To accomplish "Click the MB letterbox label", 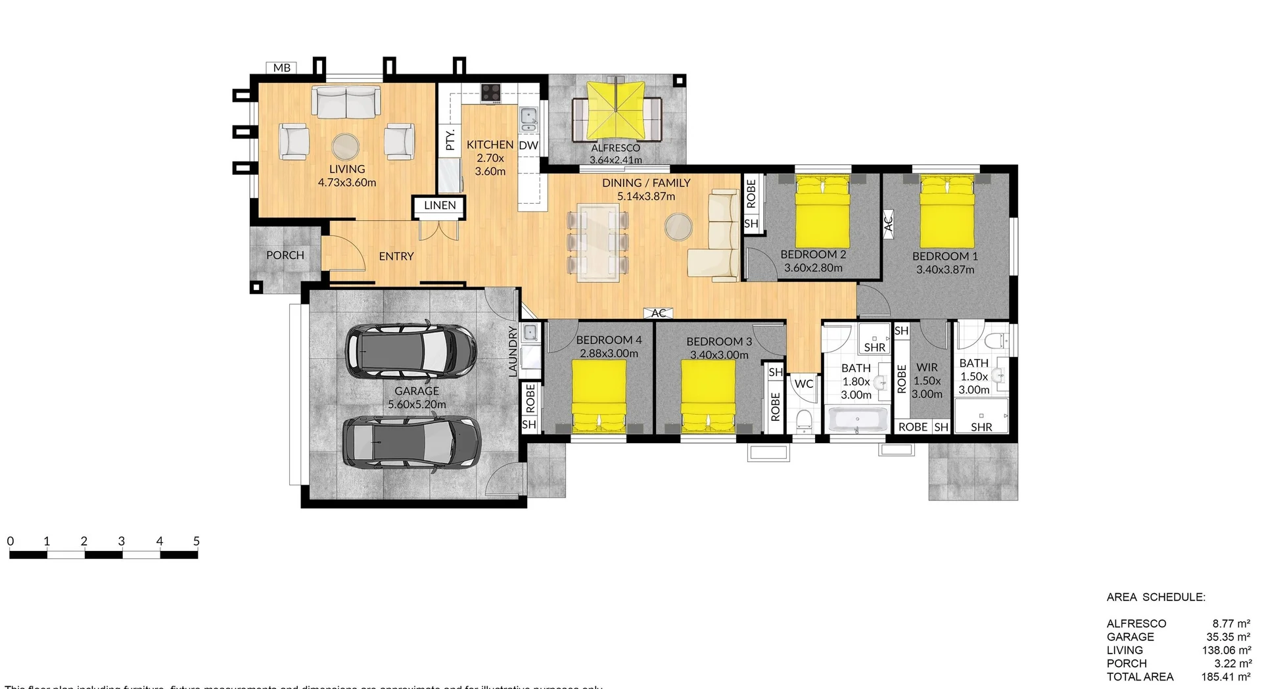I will (x=282, y=68).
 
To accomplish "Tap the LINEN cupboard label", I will (x=440, y=206).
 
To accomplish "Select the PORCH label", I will (x=285, y=255).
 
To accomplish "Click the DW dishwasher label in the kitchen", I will (x=528, y=145).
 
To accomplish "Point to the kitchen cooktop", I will (x=491, y=93).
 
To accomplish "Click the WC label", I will (x=804, y=384).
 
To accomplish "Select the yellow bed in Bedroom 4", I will (x=599, y=396).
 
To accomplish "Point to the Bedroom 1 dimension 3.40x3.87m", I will (x=945, y=270).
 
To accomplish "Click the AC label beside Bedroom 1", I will (x=888, y=222).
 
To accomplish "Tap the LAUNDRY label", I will (x=513, y=352).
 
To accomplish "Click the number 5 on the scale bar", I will (x=197, y=542).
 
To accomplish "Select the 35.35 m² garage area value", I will (x=1228, y=637).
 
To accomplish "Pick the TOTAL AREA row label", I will (x=1140, y=677).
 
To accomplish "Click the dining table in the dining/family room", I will (x=597, y=243).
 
